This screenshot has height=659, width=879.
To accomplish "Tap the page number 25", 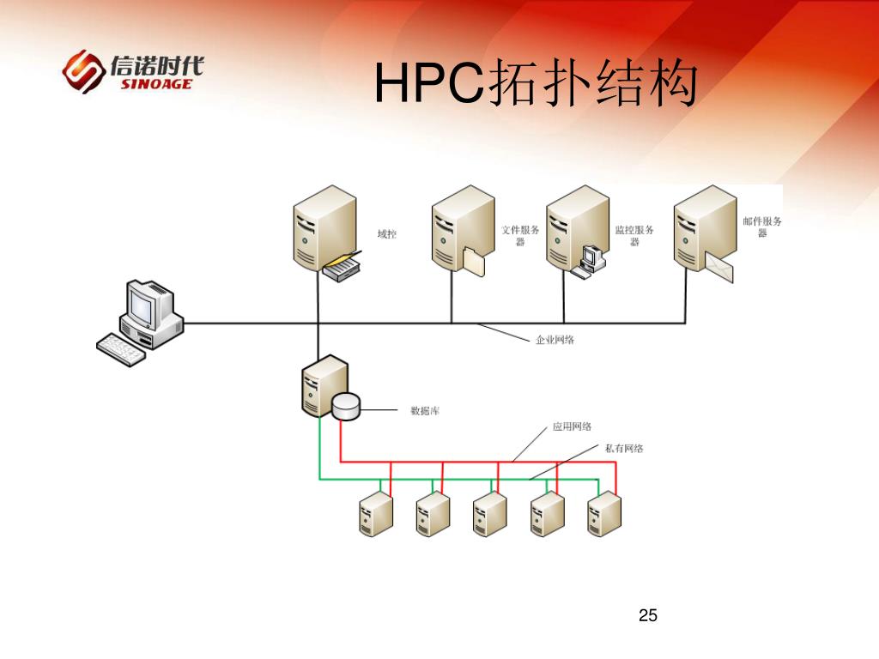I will [x=648, y=615].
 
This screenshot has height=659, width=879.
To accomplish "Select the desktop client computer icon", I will [x=141, y=322].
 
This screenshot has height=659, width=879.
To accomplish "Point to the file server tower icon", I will [x=460, y=230].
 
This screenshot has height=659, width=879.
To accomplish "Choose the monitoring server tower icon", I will [x=575, y=230].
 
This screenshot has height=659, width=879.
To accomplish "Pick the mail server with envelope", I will [x=702, y=230].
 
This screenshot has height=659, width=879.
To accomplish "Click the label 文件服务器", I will [x=520, y=236].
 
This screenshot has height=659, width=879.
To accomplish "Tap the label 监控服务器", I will [x=634, y=236].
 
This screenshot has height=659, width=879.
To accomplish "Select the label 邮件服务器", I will [x=762, y=227].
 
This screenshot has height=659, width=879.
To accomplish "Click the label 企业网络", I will [x=555, y=340].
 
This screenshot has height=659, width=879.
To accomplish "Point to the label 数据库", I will [x=425, y=411].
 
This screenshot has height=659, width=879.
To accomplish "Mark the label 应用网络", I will [x=571, y=426].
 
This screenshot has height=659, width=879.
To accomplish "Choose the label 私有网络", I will [x=624, y=448].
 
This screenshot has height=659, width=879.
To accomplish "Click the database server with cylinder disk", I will [x=326, y=390].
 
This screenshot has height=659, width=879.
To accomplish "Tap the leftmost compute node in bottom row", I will [x=375, y=515].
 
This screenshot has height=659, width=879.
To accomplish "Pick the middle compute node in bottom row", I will [x=490, y=515].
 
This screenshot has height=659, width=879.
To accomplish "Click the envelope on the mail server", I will [x=720, y=269].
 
